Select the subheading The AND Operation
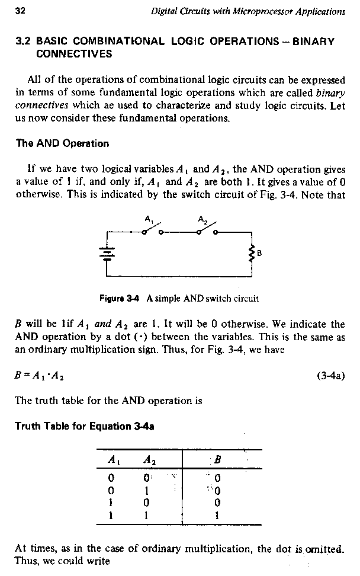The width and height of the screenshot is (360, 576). (62, 143)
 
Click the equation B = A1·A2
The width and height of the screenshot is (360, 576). (40, 376)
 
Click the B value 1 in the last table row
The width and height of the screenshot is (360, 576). (217, 515)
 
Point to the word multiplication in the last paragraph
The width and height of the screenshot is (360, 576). (213, 549)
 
